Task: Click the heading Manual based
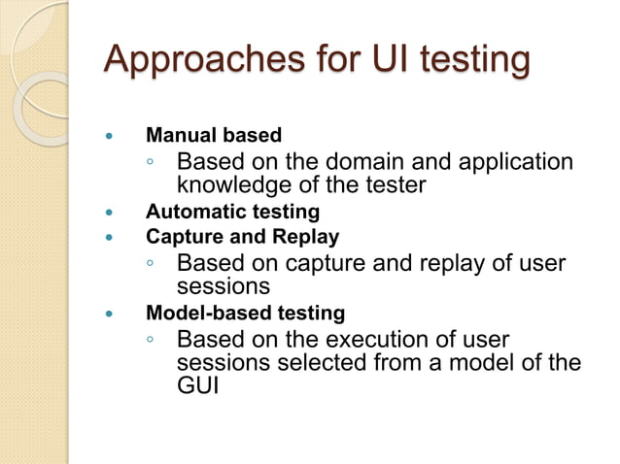(213, 135)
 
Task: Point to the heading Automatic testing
(232, 211)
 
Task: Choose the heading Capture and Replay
(242, 236)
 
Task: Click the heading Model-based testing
(245, 313)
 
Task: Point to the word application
(514, 161)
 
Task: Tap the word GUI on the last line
(196, 386)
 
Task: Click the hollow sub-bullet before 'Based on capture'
(151, 263)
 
